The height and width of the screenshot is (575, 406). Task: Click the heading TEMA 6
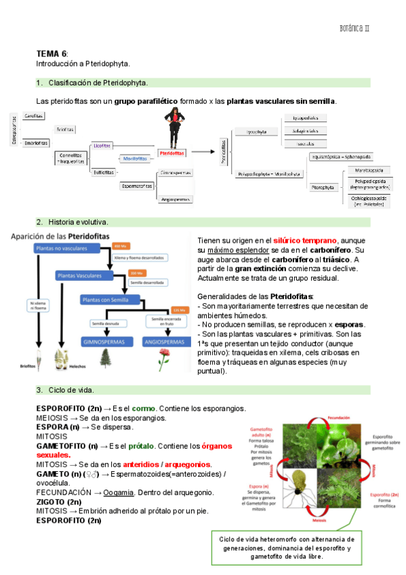[x=51, y=53]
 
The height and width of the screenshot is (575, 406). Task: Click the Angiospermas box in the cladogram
[x=176, y=199]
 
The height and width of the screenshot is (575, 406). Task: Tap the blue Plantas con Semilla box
[x=111, y=298]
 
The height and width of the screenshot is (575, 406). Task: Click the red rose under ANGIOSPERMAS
[x=163, y=361]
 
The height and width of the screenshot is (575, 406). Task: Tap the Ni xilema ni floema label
[x=37, y=305]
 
